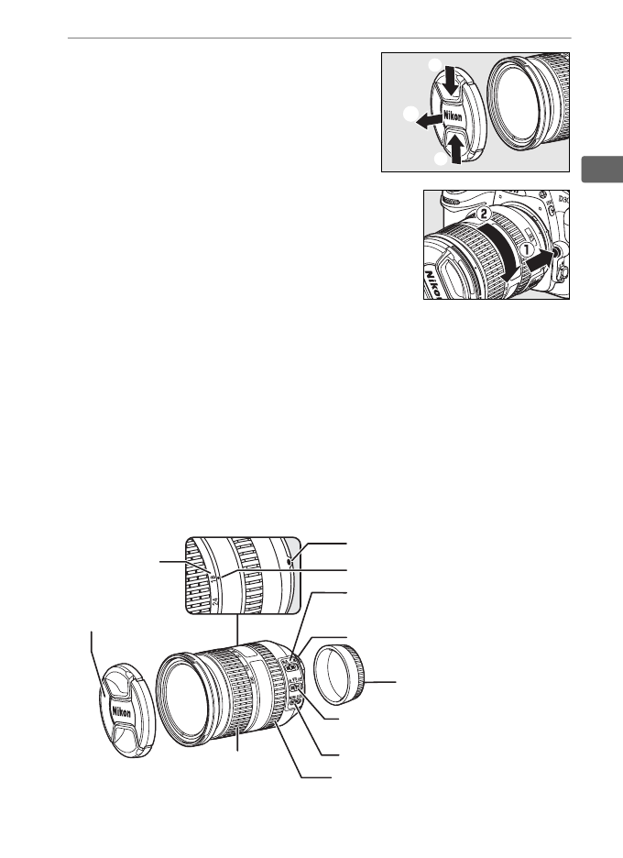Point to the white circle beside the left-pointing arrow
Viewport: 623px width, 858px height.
(410, 114)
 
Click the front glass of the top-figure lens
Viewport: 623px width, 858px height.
(528, 104)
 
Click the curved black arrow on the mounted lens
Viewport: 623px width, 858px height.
(500, 247)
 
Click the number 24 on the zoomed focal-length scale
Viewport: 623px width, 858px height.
(216, 603)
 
